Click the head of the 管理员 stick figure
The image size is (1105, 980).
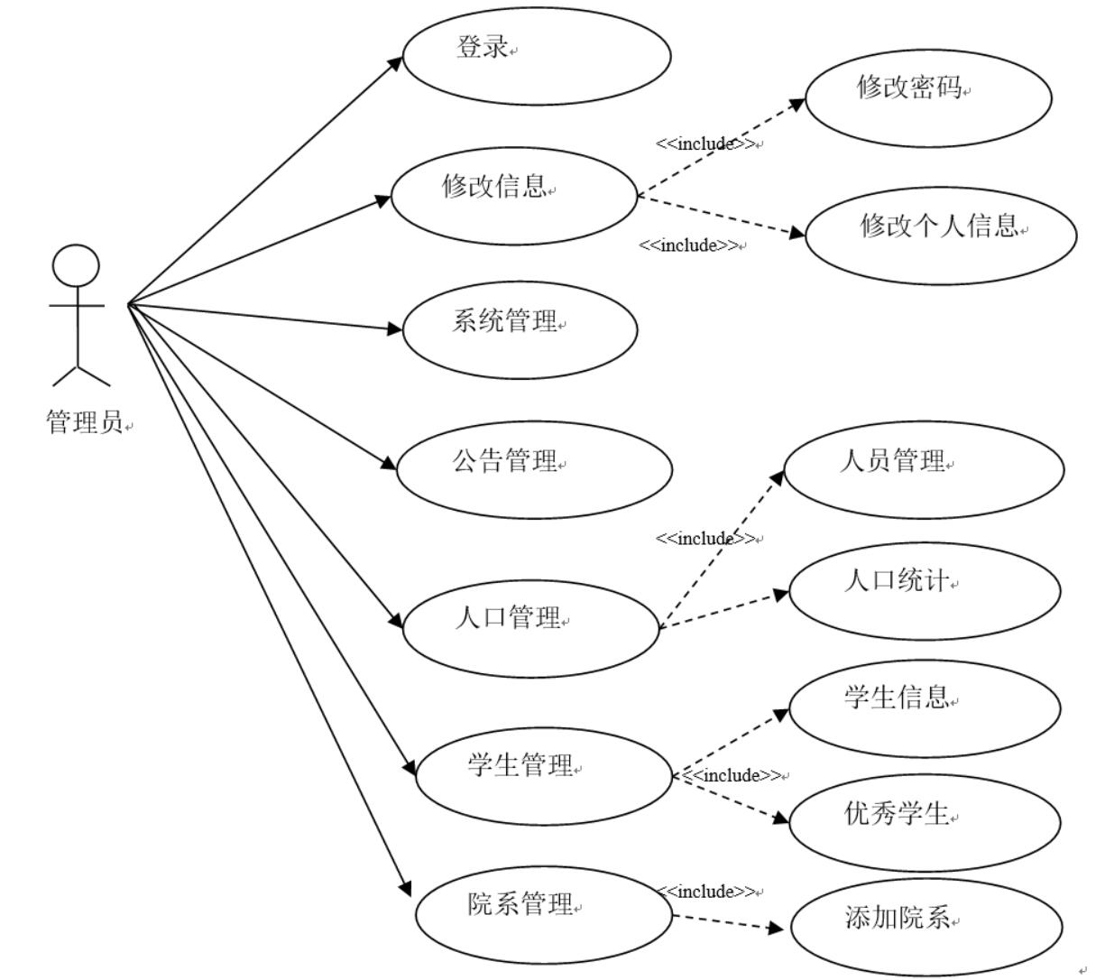pyautogui.click(x=76, y=267)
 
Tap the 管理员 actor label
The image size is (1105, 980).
pyautogui.click(x=85, y=421)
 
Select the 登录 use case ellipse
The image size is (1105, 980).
pyautogui.click(x=537, y=55)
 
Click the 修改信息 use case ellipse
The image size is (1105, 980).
pyautogui.click(x=514, y=196)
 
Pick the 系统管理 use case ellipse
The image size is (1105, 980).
pyautogui.click(x=520, y=329)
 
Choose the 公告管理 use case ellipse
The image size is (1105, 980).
pyautogui.click(x=534, y=469)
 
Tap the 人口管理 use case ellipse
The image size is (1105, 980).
pyautogui.click(x=531, y=628)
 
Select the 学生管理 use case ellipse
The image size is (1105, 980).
pyautogui.click(x=544, y=776)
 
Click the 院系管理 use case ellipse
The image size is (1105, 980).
pyautogui.click(x=544, y=913)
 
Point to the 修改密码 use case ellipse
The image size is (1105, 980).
pyautogui.click(x=928, y=97)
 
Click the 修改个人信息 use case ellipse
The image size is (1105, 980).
pyautogui.click(x=940, y=235)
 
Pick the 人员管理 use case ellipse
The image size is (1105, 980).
pyautogui.click(x=923, y=469)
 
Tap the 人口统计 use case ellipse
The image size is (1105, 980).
pyautogui.click(x=925, y=590)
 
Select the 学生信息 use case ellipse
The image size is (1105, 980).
pyautogui.click(x=925, y=708)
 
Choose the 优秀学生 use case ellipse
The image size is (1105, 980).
pyautogui.click(x=925, y=823)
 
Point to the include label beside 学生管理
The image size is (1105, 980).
pyautogui.click(x=734, y=775)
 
